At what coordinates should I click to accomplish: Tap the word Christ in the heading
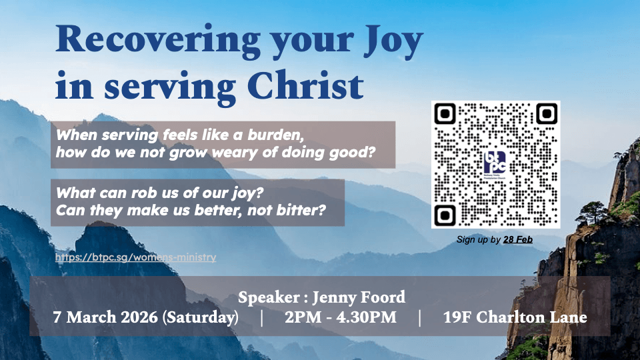point(305,86)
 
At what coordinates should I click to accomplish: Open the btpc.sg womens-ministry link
point(135,257)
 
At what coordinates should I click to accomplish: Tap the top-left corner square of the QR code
point(445,113)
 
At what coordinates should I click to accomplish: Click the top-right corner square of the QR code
point(547,113)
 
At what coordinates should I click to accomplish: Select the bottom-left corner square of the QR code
point(445,215)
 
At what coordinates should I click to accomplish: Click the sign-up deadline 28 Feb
point(518,239)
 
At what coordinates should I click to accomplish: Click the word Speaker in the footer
point(269,297)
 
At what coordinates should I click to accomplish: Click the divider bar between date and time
point(261,317)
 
